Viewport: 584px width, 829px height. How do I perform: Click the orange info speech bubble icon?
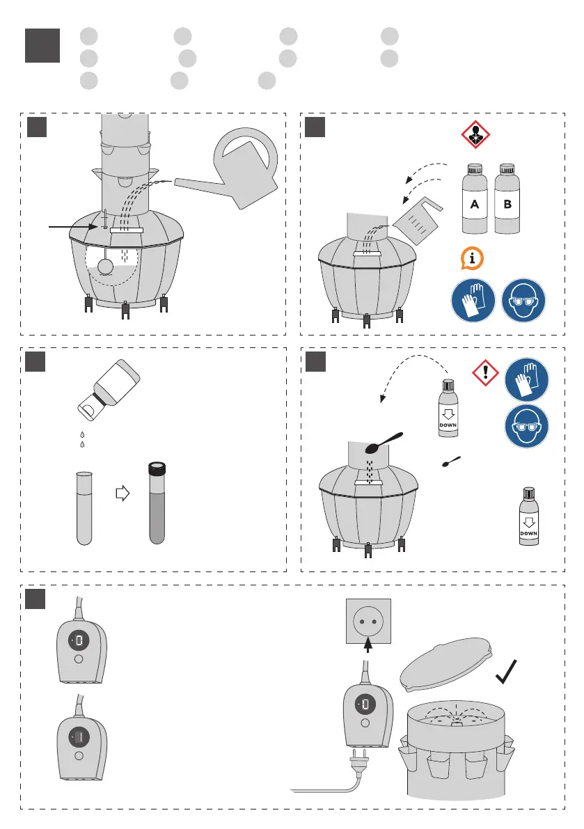tap(473, 258)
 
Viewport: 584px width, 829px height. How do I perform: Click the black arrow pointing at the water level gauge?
tap(70, 226)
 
